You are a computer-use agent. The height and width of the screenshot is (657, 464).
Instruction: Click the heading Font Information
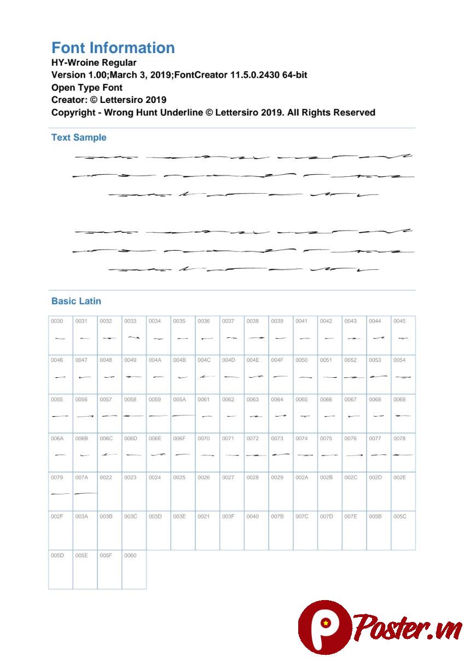tap(113, 48)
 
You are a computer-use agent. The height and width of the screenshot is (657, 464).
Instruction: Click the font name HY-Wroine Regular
tap(94, 62)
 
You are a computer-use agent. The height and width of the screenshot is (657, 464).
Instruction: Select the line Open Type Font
tap(86, 88)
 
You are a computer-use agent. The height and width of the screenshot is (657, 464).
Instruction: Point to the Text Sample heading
tap(79, 137)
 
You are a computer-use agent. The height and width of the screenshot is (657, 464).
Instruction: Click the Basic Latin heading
tap(76, 301)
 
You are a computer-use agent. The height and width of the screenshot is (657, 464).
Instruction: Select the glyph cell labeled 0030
tap(60, 335)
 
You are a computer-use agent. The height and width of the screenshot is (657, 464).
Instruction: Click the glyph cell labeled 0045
tap(403, 335)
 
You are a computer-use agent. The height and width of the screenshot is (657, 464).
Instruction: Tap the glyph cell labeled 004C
tap(207, 374)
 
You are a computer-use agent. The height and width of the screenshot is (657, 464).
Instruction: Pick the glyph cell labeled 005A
tap(183, 413)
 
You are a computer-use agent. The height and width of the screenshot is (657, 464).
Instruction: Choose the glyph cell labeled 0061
tap(207, 413)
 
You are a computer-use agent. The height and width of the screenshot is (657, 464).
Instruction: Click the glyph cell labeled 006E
tap(158, 452)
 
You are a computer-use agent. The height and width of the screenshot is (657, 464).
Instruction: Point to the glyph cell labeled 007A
tap(85, 491)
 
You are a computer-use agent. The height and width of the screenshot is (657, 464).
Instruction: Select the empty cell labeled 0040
tap(256, 531)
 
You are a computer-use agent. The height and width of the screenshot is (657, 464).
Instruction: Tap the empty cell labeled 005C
tap(403, 531)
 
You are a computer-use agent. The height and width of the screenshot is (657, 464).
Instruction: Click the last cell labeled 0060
tap(134, 569)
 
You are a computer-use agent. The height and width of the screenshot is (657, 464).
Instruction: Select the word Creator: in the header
tap(69, 100)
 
